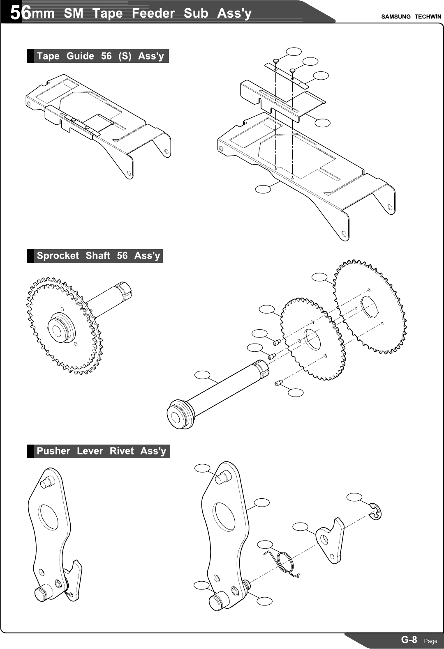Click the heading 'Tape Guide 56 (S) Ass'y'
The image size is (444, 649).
(x=100, y=56)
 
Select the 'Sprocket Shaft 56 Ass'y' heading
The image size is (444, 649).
(x=98, y=256)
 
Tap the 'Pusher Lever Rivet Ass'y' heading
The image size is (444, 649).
(x=101, y=451)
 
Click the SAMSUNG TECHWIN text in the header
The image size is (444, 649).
(x=411, y=17)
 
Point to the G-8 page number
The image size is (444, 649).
(x=409, y=640)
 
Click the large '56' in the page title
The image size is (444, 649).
(x=20, y=13)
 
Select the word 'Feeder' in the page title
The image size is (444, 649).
(x=153, y=13)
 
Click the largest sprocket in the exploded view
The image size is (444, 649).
(x=370, y=306)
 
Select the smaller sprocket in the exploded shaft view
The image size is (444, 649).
(x=312, y=339)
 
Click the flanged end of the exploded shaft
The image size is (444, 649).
(x=180, y=415)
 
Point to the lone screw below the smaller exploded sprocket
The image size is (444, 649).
(x=278, y=383)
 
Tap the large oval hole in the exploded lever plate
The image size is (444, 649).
(x=224, y=516)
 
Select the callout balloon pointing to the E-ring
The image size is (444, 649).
(x=354, y=497)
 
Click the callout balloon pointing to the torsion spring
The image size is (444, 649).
(x=265, y=545)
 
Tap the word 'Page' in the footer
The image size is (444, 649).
(x=430, y=641)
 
